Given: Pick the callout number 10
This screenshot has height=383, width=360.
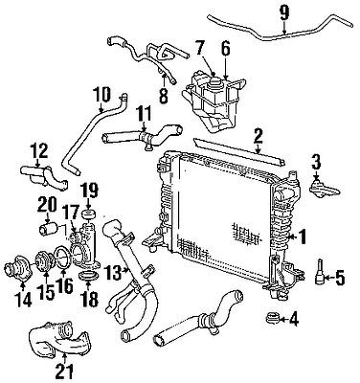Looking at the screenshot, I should pos(103,95).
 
